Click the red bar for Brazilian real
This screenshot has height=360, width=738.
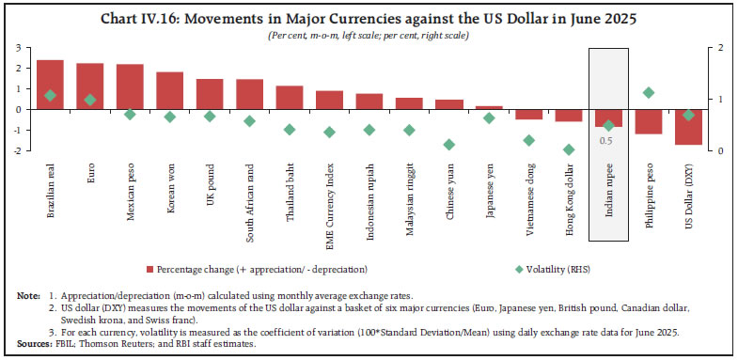[50, 85]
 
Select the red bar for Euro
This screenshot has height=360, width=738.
[90, 86]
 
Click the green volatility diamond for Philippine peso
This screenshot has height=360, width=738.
[649, 92]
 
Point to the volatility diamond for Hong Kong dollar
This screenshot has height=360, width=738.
[569, 149]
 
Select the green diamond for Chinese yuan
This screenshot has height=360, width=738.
[449, 145]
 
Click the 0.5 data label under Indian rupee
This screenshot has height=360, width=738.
[608, 140]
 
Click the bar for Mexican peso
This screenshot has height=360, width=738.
[130, 86]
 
